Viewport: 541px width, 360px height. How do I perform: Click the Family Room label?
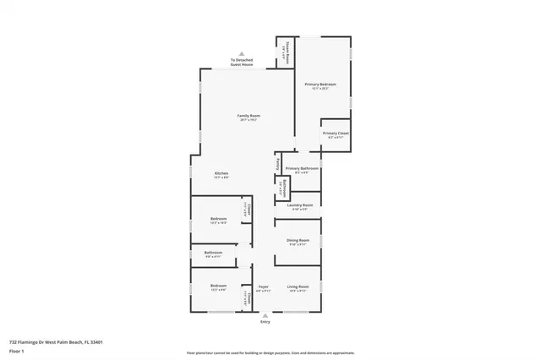click(248, 115)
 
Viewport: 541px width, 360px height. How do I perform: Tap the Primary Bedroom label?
click(320, 85)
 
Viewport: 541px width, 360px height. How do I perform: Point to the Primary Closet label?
click(336, 134)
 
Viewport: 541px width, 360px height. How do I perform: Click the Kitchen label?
click(221, 174)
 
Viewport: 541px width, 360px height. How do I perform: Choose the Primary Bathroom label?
click(301, 168)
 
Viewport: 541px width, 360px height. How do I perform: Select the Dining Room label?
click(298, 241)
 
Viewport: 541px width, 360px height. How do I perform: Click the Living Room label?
click(298, 287)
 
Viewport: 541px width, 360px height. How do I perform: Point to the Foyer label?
click(264, 287)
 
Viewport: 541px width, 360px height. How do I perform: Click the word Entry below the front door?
click(265, 323)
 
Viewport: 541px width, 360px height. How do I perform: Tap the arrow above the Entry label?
click(265, 316)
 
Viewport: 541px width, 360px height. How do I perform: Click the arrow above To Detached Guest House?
click(242, 52)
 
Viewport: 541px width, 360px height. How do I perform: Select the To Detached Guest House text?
click(242, 63)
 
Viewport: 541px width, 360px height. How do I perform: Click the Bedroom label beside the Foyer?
click(218, 287)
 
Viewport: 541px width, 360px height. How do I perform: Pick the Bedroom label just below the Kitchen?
click(218, 220)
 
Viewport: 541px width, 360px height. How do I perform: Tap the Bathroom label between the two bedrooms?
click(213, 253)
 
